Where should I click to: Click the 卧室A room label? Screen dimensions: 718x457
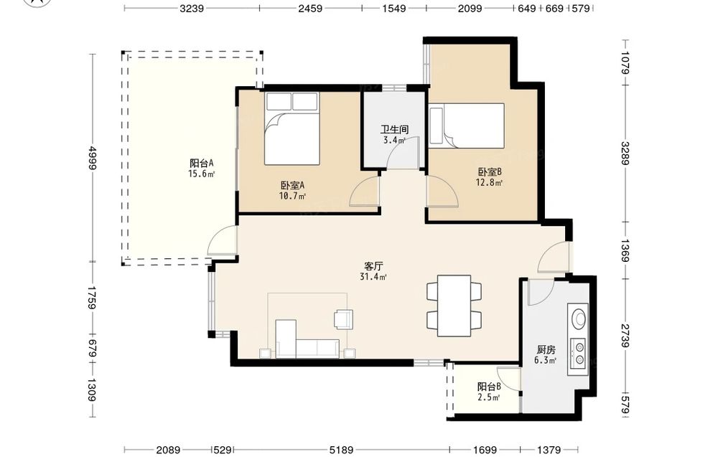click(x=293, y=186)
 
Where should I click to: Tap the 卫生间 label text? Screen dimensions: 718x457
click(x=394, y=130)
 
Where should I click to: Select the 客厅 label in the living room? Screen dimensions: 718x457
click(x=373, y=266)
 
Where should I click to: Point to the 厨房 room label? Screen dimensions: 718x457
click(x=546, y=350)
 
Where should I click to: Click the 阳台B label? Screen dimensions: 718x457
click(x=488, y=387)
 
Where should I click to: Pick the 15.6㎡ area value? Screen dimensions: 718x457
click(x=202, y=174)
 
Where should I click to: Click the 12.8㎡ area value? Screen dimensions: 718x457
click(x=490, y=182)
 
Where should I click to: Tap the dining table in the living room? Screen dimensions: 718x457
click(x=454, y=306)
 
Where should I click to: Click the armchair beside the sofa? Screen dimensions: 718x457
click(x=343, y=319)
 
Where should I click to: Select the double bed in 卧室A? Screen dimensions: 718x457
click(x=292, y=128)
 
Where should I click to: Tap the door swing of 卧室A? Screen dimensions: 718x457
click(x=364, y=192)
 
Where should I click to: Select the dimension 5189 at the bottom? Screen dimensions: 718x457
click(x=341, y=450)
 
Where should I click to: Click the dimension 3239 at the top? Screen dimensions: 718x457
click(x=192, y=8)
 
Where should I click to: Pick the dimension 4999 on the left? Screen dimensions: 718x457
click(x=92, y=158)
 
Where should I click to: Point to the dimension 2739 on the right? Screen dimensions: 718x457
click(x=625, y=335)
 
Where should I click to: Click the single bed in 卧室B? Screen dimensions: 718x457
click(x=467, y=126)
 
